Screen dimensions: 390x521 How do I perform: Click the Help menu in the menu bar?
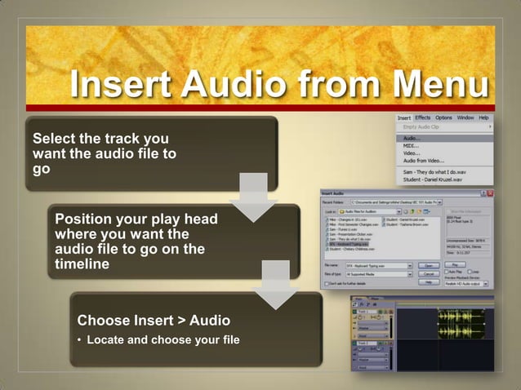(483, 117)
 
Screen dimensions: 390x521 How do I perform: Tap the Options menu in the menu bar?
(443, 117)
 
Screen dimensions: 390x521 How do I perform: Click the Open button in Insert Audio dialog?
(426, 265)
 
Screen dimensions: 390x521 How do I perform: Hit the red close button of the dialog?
(490, 193)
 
